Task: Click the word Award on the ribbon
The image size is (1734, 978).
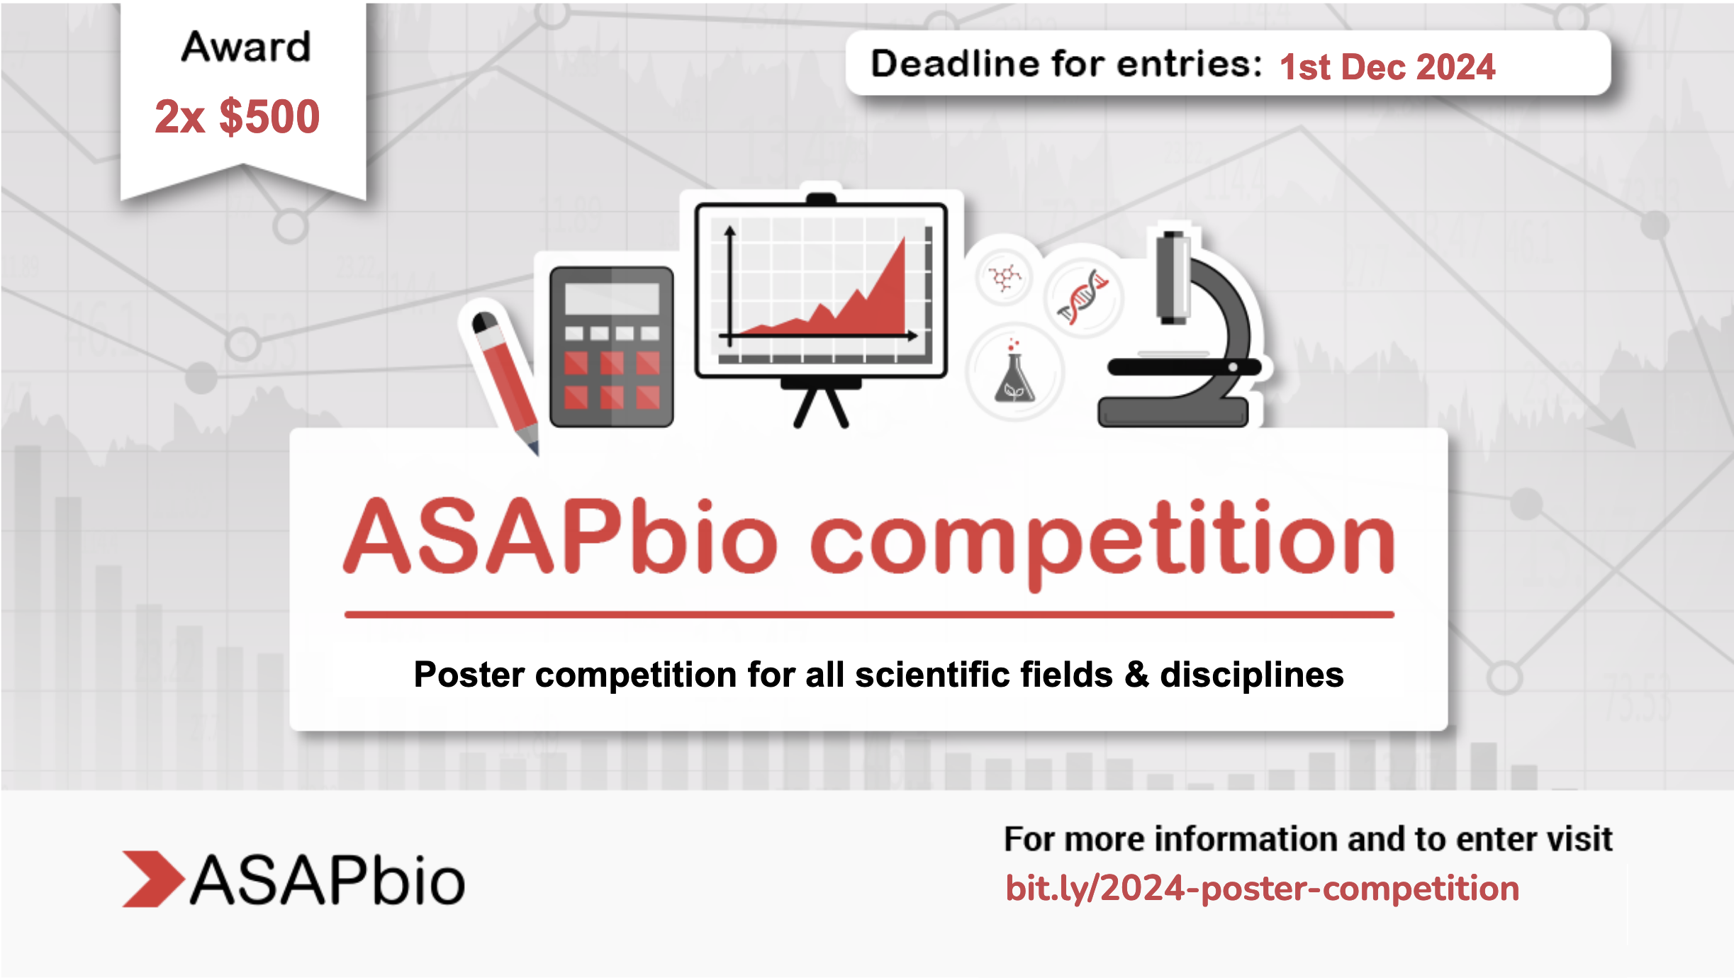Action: click(x=245, y=47)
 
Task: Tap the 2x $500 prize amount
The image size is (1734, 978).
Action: click(x=237, y=116)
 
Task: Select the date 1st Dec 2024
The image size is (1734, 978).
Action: click(x=1387, y=67)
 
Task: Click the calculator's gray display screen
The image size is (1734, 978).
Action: click(x=612, y=298)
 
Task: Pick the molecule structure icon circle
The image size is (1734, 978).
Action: click(x=1004, y=277)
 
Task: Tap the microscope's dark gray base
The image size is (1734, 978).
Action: click(x=1173, y=412)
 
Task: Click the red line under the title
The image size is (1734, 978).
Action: click(x=868, y=614)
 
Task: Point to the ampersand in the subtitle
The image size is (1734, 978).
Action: click(x=1136, y=674)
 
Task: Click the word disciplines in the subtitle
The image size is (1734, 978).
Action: click(x=1251, y=675)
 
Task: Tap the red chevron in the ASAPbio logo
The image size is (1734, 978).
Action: click(x=152, y=879)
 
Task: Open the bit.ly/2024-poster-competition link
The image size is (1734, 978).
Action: click(x=1262, y=889)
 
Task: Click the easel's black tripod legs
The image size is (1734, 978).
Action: click(x=821, y=407)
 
